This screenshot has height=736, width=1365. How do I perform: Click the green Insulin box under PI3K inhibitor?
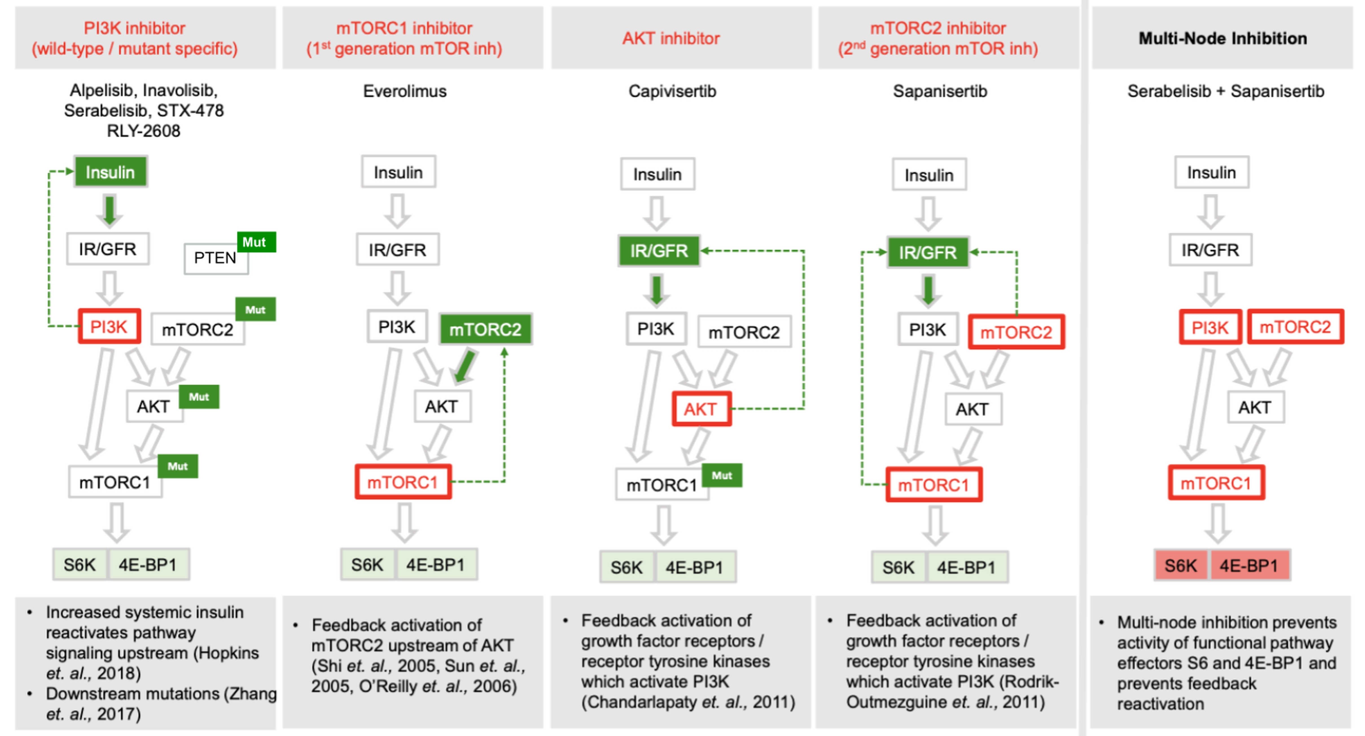tap(110, 172)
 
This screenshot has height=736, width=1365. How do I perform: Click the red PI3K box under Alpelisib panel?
tap(109, 327)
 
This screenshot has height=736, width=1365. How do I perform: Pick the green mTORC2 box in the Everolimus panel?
tap(485, 329)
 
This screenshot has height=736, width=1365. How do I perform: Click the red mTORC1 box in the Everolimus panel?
tap(403, 482)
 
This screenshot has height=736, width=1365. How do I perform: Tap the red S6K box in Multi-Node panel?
tap(1181, 565)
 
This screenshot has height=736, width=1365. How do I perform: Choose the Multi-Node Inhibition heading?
tap(1222, 38)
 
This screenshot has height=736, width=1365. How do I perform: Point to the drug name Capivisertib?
tap(672, 91)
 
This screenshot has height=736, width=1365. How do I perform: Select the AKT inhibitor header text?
tap(671, 38)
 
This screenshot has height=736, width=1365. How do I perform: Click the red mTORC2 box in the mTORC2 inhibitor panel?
tap(1016, 332)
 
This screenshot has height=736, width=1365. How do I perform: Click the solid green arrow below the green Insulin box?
tap(110, 210)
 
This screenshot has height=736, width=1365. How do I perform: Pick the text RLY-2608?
tap(144, 130)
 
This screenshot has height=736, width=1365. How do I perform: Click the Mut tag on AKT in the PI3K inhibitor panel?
tap(199, 397)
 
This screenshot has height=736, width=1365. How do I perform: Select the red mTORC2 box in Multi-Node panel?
tap(1295, 327)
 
